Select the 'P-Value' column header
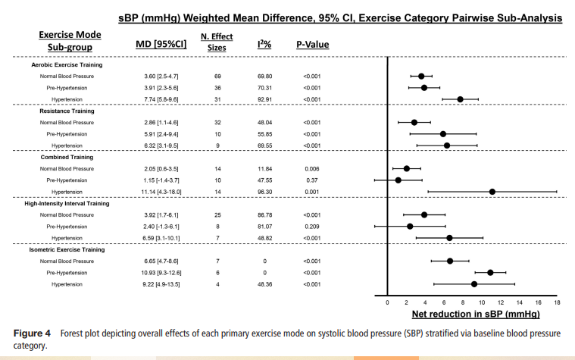pos(312,45)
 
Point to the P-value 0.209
pos(312,226)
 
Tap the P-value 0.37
pos(312,180)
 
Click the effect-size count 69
pos(217,77)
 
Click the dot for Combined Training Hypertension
pos(492,192)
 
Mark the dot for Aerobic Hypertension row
pos(460,99)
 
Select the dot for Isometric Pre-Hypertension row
pos(490,272)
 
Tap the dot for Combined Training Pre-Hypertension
pos(398,180)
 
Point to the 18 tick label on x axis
pos(557,302)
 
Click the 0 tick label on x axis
pos(388,302)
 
